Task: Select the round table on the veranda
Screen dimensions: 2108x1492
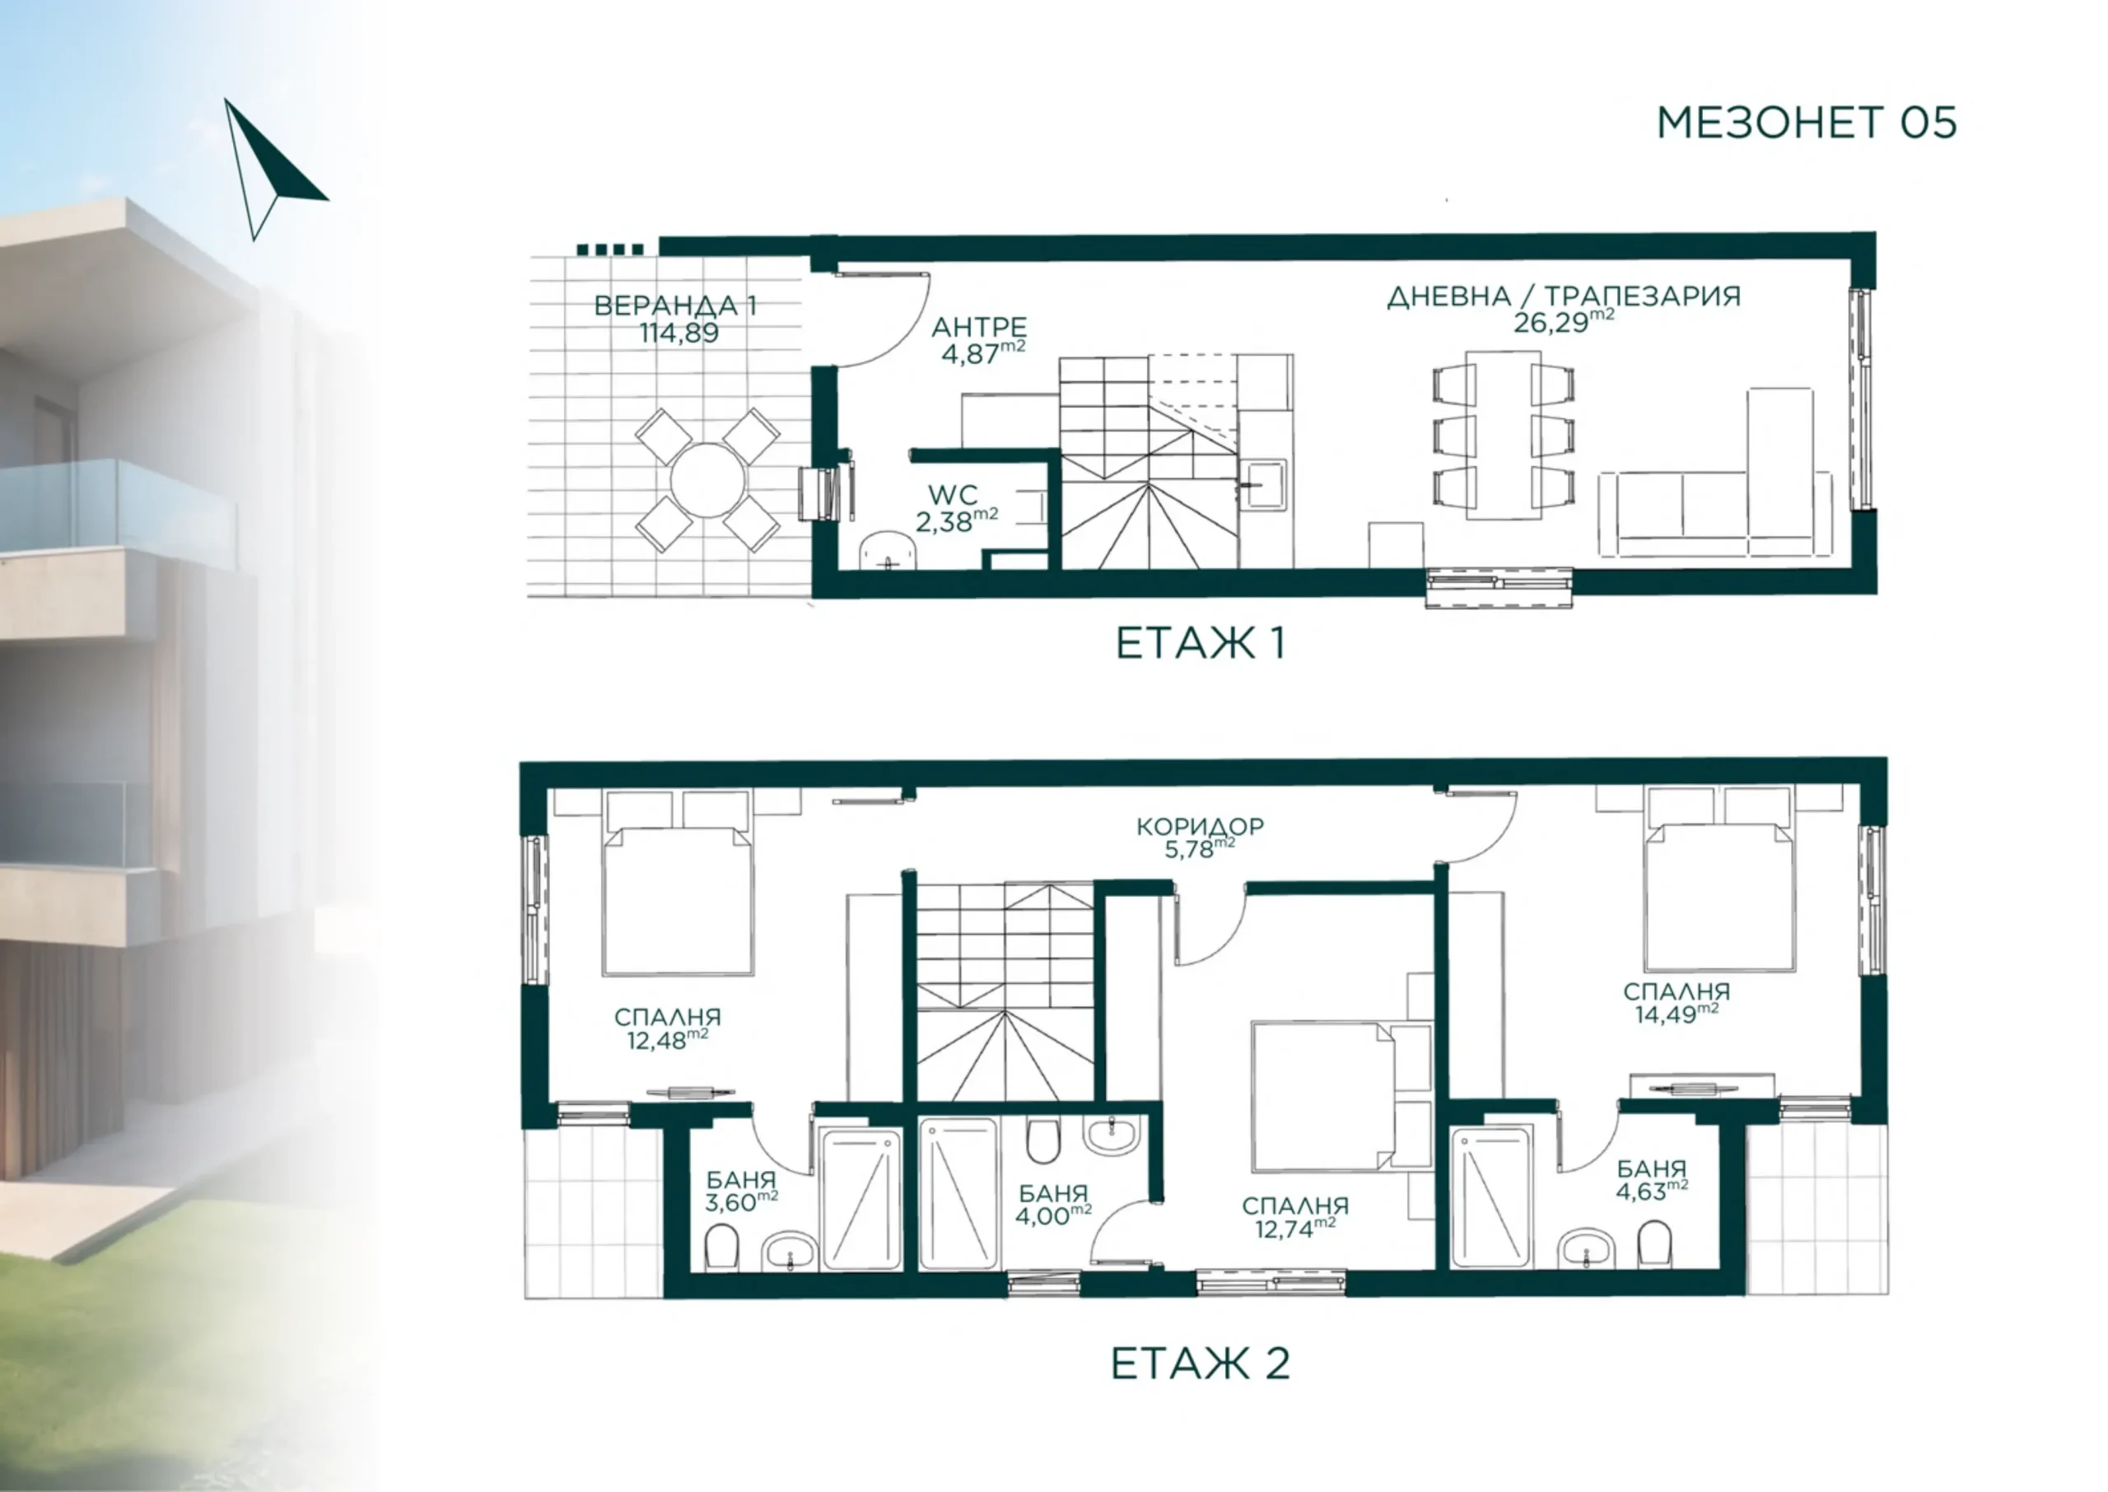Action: tap(708, 479)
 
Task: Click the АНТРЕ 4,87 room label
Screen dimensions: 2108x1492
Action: tap(981, 341)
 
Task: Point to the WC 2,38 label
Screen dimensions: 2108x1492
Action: tap(955, 509)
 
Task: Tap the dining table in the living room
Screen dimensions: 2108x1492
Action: tap(1503, 435)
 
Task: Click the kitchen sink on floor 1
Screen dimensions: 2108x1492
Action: tap(1263, 484)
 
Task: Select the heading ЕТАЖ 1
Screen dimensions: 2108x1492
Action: tap(1200, 643)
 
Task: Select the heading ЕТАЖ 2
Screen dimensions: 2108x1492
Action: tap(1200, 1363)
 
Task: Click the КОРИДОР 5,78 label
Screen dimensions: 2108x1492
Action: tap(1200, 837)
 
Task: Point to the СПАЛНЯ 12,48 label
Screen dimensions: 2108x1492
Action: tap(667, 1028)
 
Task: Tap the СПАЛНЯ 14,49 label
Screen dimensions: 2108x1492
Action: tap(1677, 1002)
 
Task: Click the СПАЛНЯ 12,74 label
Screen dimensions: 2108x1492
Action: tap(1295, 1217)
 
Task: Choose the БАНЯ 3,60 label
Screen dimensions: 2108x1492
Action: tap(741, 1191)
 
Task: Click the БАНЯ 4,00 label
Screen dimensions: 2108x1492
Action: tap(1052, 1205)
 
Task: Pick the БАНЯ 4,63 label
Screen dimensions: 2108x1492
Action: tap(1652, 1180)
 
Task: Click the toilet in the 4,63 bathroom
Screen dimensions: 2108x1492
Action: tap(1655, 1244)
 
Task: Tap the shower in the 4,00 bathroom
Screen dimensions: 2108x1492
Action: tap(958, 1193)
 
